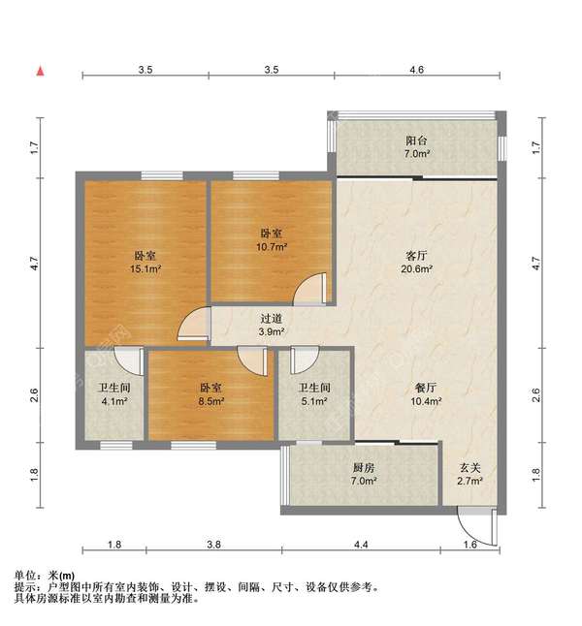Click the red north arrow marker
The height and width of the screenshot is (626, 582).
[41, 71]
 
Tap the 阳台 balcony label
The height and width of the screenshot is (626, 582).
[416, 141]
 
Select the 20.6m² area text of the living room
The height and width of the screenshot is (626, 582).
[416, 269]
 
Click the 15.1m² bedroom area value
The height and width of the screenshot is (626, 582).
[145, 269]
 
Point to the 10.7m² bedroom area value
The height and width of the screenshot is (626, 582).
[272, 247]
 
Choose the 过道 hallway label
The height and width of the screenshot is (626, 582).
[272, 319]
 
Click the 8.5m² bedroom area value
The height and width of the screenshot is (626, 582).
[211, 401]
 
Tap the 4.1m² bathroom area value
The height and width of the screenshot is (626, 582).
[114, 401]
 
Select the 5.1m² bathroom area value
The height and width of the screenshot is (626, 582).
[314, 401]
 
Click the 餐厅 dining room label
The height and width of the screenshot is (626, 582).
[426, 388]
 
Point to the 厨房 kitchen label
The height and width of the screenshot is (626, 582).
[364, 467]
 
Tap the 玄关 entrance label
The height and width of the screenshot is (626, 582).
[470, 467]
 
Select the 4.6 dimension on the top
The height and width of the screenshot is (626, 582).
[416, 70]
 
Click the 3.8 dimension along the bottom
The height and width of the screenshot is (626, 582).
[214, 545]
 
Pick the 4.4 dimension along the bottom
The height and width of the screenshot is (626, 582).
[361, 545]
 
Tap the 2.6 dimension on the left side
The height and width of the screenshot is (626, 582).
[35, 395]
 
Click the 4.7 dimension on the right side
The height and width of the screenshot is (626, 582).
[536, 264]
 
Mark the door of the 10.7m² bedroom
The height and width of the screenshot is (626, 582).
[310, 289]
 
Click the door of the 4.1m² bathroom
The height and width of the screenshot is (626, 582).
[129, 360]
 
